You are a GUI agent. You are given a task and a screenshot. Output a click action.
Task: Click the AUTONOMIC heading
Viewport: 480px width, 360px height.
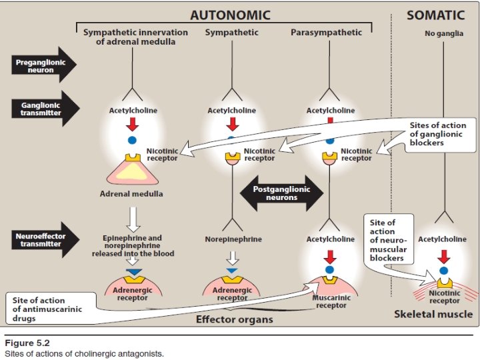click(x=230, y=14)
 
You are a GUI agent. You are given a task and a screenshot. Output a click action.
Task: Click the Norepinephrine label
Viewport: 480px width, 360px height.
click(x=232, y=239)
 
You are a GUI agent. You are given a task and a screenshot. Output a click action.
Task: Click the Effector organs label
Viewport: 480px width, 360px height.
click(x=234, y=319)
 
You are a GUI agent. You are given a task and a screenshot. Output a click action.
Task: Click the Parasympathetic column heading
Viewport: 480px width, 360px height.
click(x=327, y=32)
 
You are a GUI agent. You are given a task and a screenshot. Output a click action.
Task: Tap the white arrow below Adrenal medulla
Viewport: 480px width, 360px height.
click(x=133, y=217)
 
